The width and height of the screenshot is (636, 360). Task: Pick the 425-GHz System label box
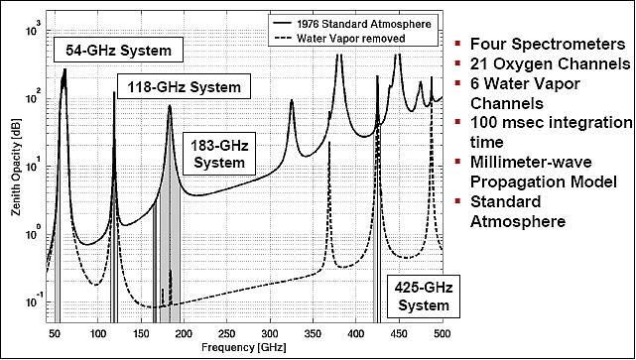coord(418,296)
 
